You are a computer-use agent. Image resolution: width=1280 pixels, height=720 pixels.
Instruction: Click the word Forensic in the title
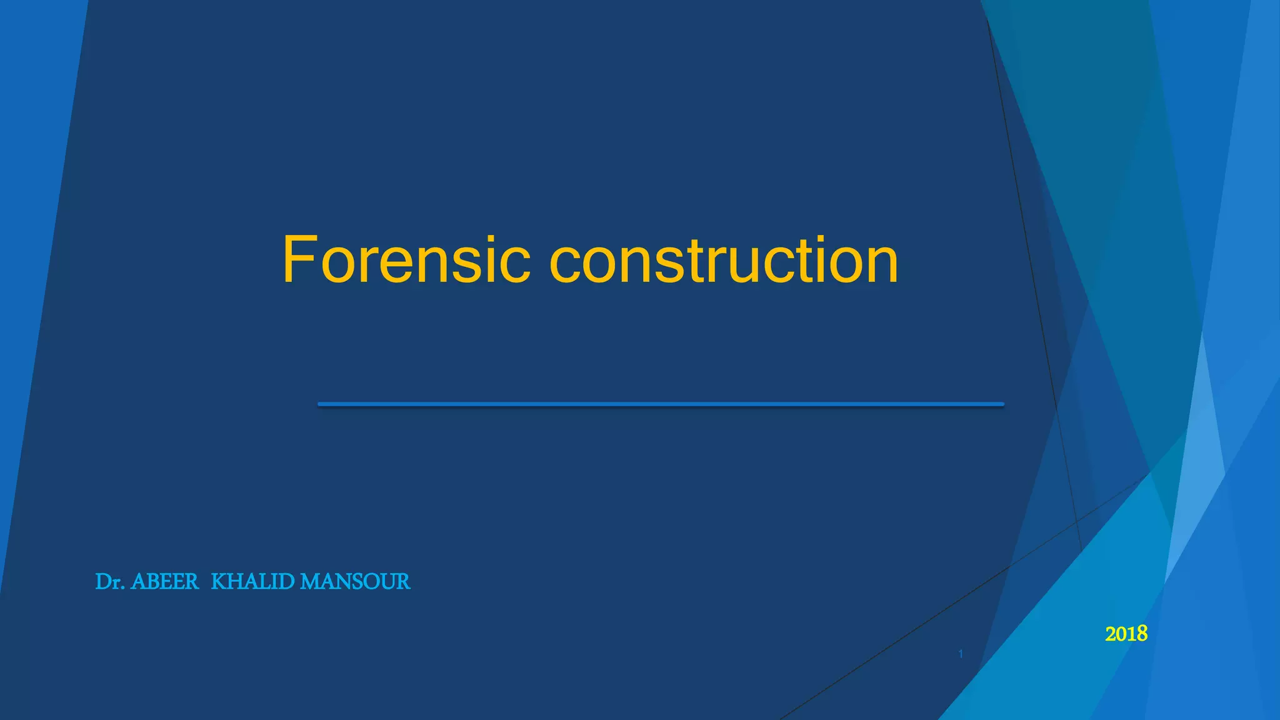tap(406, 260)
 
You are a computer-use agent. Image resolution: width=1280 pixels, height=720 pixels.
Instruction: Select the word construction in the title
tap(724, 260)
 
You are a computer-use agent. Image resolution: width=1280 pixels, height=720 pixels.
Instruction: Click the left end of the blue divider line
tap(321, 404)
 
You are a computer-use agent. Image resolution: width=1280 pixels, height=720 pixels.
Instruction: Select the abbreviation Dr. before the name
tap(110, 582)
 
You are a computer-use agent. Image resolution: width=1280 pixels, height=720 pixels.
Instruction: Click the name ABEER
tap(164, 582)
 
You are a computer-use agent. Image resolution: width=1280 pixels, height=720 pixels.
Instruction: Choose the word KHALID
tap(252, 582)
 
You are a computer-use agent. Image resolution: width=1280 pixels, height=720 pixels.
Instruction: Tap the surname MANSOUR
tap(355, 582)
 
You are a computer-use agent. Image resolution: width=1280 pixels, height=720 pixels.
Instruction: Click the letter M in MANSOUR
tap(309, 582)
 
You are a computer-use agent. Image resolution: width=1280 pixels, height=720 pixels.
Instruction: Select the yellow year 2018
tap(1126, 634)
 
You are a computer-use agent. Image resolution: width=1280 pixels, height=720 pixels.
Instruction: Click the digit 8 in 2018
tap(1142, 634)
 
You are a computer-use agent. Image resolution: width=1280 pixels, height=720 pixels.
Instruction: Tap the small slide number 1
tap(961, 654)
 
